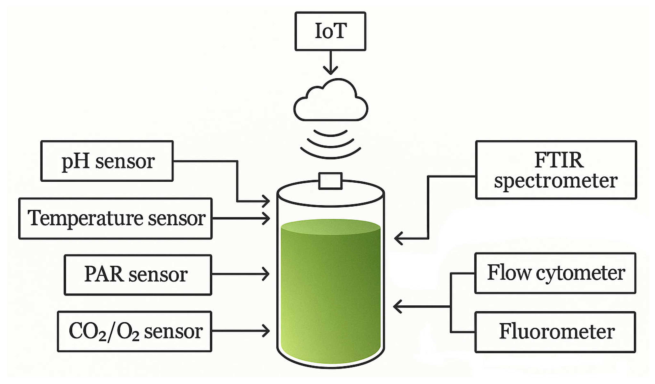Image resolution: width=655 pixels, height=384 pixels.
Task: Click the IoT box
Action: point(330,31)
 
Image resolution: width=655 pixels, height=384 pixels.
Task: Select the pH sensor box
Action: point(107,161)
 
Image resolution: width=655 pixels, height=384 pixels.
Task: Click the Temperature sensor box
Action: point(115,218)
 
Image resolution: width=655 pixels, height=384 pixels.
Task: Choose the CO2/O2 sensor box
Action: point(134,332)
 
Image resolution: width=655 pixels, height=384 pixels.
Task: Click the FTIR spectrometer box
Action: point(556,170)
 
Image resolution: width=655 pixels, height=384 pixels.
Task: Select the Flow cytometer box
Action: point(555,273)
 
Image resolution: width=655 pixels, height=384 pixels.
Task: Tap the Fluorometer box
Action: point(555,332)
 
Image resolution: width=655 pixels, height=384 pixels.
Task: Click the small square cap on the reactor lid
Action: point(330,181)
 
